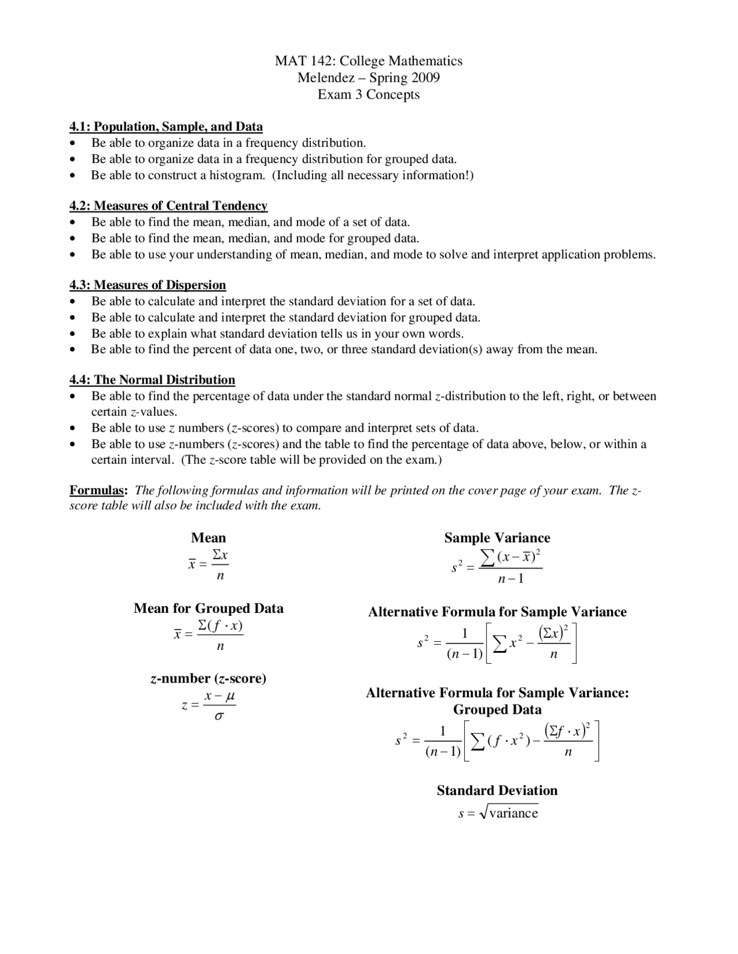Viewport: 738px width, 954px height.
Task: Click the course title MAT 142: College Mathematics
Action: click(x=368, y=61)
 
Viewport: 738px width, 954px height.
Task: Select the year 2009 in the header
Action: click(x=425, y=78)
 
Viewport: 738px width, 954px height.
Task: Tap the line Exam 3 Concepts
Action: click(x=368, y=94)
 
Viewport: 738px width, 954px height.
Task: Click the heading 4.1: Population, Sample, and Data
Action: click(x=166, y=127)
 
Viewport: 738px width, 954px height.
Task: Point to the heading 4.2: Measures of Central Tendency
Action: click(x=168, y=206)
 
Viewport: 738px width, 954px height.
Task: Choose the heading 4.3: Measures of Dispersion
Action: click(x=148, y=285)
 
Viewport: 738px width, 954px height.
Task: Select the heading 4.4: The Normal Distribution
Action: click(x=152, y=380)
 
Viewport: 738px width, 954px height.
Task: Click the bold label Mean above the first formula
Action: click(x=208, y=538)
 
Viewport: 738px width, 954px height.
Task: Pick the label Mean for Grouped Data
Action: click(x=208, y=608)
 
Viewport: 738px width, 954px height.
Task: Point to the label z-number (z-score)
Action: click(x=208, y=679)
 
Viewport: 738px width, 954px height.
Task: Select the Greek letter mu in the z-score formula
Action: click(x=229, y=696)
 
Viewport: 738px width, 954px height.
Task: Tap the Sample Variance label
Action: click(x=497, y=538)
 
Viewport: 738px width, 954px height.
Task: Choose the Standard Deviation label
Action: click(x=497, y=790)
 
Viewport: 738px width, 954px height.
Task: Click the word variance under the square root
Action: click(x=513, y=813)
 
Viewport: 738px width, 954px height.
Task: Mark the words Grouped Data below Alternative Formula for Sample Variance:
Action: click(x=497, y=710)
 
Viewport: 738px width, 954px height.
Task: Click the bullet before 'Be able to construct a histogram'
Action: click(x=72, y=176)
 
